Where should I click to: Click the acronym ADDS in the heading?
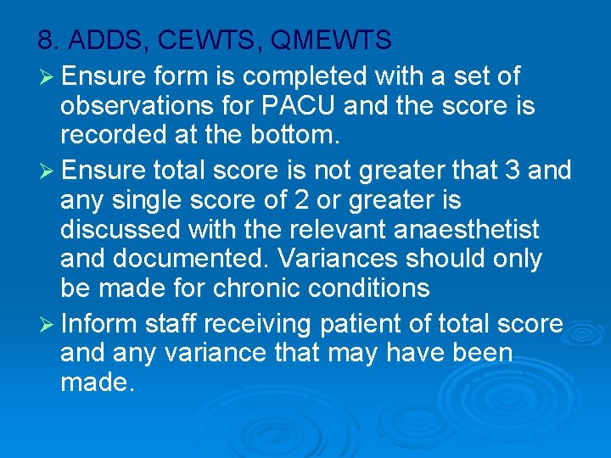[103, 40]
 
